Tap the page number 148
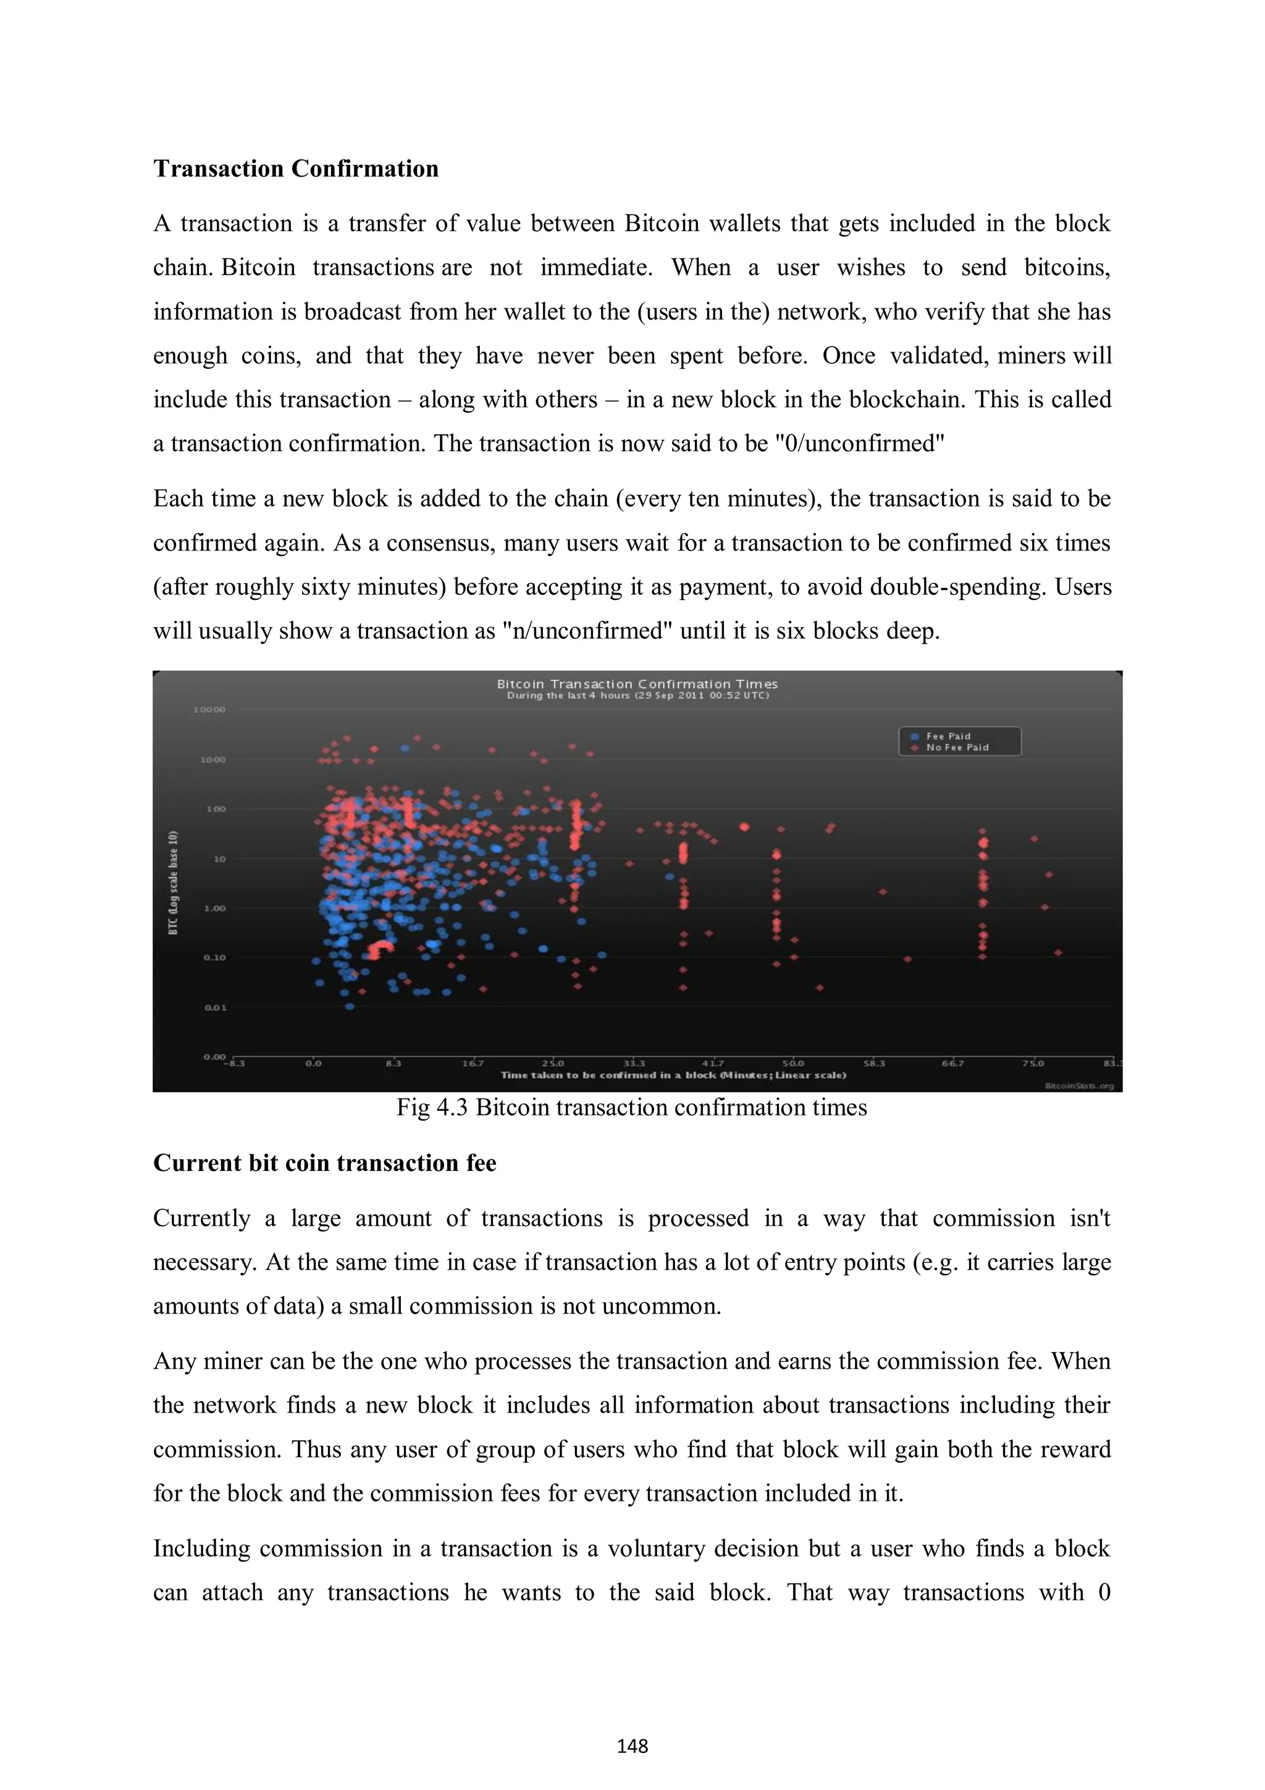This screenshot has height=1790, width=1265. click(x=632, y=1746)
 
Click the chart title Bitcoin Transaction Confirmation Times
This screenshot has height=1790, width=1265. click(x=637, y=684)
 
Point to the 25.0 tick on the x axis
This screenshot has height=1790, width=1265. click(x=553, y=1063)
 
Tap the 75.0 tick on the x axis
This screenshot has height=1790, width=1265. click(x=1033, y=1063)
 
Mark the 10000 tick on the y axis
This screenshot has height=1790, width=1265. click(x=209, y=709)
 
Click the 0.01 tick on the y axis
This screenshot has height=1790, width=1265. click(x=215, y=1007)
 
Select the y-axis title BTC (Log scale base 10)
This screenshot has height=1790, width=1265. click(x=173, y=882)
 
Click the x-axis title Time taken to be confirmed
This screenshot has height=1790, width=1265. click(x=673, y=1075)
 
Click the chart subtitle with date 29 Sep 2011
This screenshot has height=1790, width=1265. click(x=637, y=695)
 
